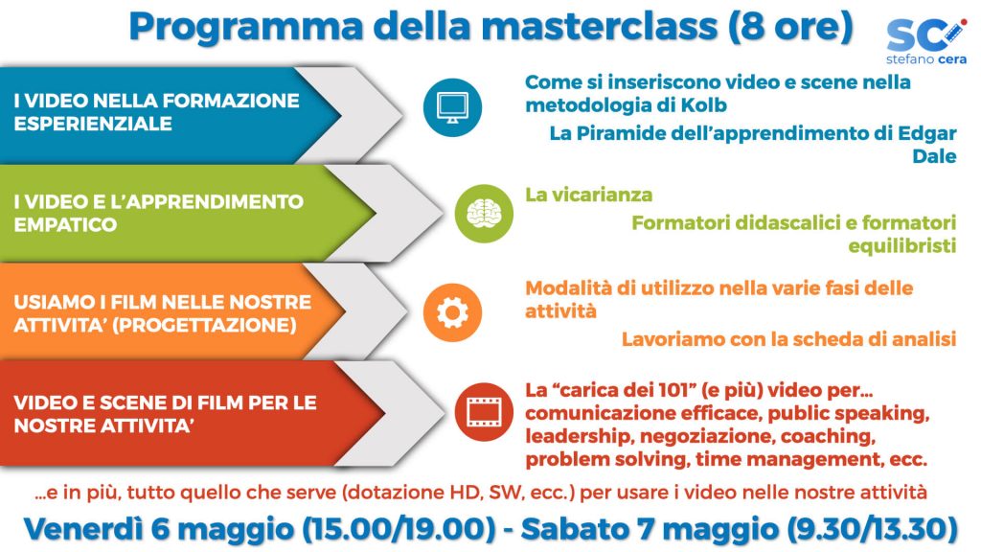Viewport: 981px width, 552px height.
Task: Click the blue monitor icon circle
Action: [452, 107]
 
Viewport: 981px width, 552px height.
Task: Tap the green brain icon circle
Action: [484, 214]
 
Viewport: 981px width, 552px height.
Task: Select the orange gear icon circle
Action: [452, 312]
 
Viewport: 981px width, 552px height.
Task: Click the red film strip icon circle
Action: [484, 412]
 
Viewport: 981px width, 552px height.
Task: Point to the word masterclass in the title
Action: [599, 26]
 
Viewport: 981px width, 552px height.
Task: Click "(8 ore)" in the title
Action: [790, 27]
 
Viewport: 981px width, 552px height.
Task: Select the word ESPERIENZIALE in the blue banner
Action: [93, 124]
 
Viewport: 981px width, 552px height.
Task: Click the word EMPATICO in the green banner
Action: [66, 224]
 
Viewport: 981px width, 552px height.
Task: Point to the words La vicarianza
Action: [589, 195]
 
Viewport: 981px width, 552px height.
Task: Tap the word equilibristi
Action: [902, 246]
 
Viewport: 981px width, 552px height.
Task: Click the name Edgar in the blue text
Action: [927, 134]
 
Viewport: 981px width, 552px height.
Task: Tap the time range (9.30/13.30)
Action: [872, 529]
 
